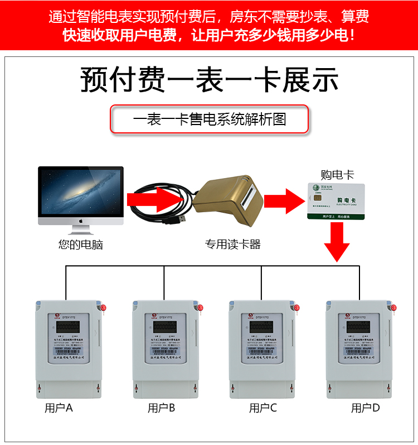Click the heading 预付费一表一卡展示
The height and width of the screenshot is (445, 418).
[210, 80]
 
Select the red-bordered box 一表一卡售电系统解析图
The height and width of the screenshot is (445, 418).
[210, 119]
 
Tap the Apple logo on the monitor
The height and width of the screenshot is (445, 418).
[81, 221]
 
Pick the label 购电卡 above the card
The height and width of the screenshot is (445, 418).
[337, 175]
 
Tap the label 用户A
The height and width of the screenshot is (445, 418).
[59, 408]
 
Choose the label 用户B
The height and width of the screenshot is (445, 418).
[161, 408]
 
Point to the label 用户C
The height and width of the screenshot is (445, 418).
[263, 408]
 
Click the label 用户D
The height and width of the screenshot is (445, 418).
[365, 408]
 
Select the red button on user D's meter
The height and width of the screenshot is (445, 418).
[393, 307]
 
